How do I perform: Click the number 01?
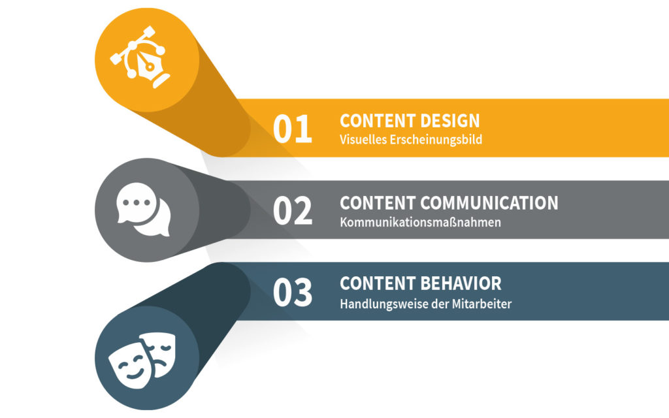click(x=293, y=129)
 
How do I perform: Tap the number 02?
click(x=293, y=210)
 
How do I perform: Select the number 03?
click(x=293, y=292)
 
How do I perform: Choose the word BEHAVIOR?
click(x=461, y=283)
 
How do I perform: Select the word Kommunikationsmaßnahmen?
click(x=420, y=222)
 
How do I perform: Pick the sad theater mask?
click(x=159, y=352)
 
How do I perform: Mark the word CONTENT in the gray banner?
click(x=378, y=203)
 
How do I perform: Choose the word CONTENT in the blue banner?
click(x=378, y=283)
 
